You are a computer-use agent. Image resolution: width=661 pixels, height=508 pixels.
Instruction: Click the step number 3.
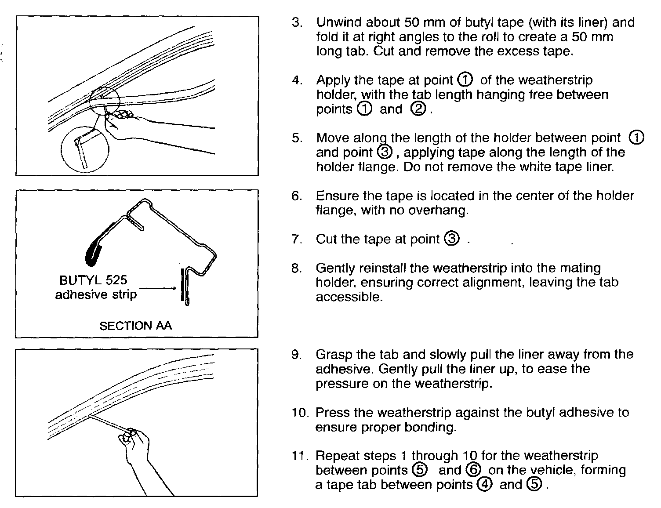tap(297, 22)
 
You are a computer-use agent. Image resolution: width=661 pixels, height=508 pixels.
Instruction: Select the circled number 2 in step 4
tap(418, 109)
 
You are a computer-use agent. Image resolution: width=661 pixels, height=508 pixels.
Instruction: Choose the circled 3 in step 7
tap(452, 239)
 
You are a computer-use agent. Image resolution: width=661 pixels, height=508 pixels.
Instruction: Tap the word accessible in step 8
tap(349, 297)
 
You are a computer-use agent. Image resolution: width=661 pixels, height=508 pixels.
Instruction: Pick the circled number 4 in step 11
tap(485, 484)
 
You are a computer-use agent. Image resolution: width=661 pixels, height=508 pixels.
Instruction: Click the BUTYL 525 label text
tap(93, 280)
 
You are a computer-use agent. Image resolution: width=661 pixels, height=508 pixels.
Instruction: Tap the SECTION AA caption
tap(135, 326)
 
